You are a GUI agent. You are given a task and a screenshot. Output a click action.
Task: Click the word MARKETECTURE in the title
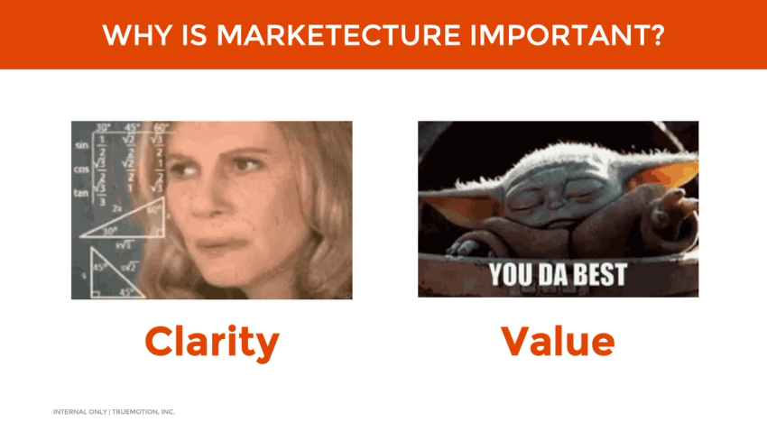pos(338,35)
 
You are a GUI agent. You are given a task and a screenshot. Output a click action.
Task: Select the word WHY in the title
pos(130,35)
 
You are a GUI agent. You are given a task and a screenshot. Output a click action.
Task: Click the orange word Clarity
pos(211,342)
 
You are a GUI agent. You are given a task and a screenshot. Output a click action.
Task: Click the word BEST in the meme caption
pos(593,274)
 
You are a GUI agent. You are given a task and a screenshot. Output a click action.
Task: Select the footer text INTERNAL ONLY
pos(79,412)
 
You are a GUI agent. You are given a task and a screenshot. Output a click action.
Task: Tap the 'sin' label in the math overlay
pos(82,145)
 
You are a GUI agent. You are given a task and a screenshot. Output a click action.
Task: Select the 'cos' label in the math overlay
pos(82,169)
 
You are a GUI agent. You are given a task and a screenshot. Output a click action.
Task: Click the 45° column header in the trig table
pos(133,127)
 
